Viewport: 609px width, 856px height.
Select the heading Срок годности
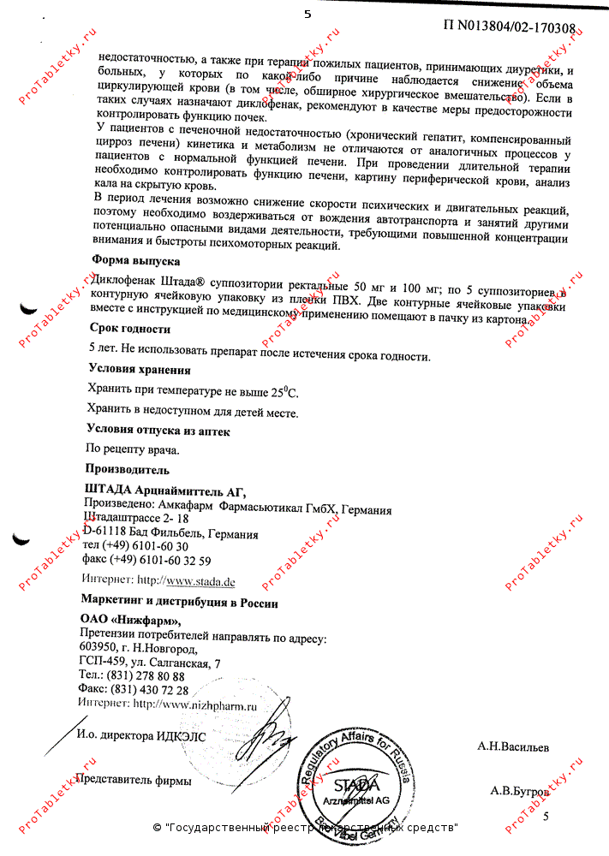(x=130, y=328)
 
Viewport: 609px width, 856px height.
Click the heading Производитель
(x=127, y=469)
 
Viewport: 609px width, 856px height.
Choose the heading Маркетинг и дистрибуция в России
(x=179, y=603)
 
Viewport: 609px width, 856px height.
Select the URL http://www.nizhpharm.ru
(x=195, y=704)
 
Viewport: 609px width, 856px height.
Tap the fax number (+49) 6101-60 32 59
(x=159, y=561)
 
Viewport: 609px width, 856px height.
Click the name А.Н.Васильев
(x=513, y=747)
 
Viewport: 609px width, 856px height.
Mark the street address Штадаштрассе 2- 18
(x=136, y=519)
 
